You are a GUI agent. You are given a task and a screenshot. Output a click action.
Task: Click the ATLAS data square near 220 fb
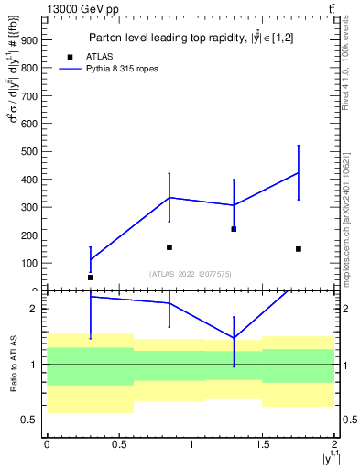[235, 229]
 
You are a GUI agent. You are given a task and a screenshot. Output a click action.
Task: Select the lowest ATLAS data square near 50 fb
[91, 277]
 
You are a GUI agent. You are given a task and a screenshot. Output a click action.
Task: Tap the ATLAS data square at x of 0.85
[169, 247]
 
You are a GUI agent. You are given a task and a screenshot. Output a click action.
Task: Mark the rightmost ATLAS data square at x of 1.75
[299, 248]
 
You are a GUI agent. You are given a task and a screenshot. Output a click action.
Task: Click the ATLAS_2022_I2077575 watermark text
[191, 273]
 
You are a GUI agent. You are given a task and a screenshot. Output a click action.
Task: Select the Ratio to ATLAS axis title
[13, 365]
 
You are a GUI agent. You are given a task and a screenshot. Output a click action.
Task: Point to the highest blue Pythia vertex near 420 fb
[299, 172]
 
